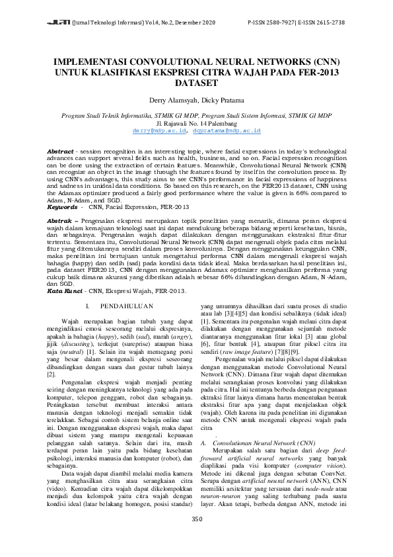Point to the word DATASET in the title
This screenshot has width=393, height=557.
(196, 84)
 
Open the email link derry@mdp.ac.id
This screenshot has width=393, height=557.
(155, 131)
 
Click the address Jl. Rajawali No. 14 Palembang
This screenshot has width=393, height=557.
(196, 123)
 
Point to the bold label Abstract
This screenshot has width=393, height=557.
(60, 151)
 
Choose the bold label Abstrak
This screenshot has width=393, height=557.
(59, 218)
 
